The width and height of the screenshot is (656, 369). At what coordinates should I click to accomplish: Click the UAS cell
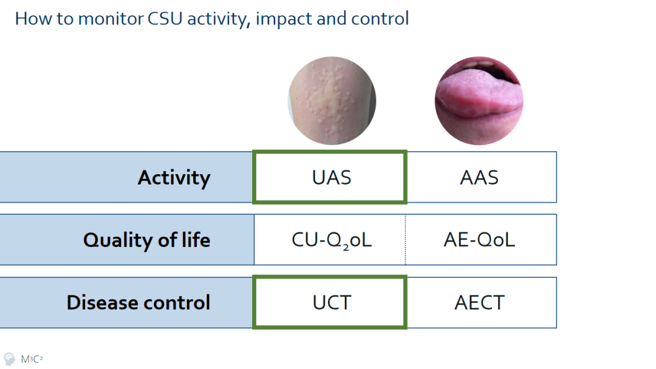pos(330,177)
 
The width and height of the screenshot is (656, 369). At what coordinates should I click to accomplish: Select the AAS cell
pos(482,177)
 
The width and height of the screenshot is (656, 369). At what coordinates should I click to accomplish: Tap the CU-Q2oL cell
pos(330,240)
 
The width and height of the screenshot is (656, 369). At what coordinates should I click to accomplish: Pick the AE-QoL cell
pos(481,240)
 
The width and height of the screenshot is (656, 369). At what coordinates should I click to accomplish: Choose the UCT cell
pos(330,302)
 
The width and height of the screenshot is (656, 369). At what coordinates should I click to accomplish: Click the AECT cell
pos(482,302)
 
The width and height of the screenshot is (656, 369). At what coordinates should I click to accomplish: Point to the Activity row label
pos(174,178)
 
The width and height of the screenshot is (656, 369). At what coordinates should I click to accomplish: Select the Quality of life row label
pos(146,240)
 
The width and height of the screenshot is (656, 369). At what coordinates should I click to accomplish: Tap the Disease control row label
pos(138,303)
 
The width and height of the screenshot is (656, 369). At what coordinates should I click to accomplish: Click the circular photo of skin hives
pos(332,101)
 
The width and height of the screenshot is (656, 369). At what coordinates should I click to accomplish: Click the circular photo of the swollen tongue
pos(479,101)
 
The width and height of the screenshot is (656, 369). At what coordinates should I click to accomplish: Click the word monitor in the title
pos(111,19)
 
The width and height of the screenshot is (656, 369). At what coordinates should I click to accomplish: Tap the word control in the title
pos(380,19)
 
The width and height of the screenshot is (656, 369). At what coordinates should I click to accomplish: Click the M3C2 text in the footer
pos(32,359)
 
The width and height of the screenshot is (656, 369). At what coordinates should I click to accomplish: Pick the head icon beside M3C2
pos(9,359)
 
